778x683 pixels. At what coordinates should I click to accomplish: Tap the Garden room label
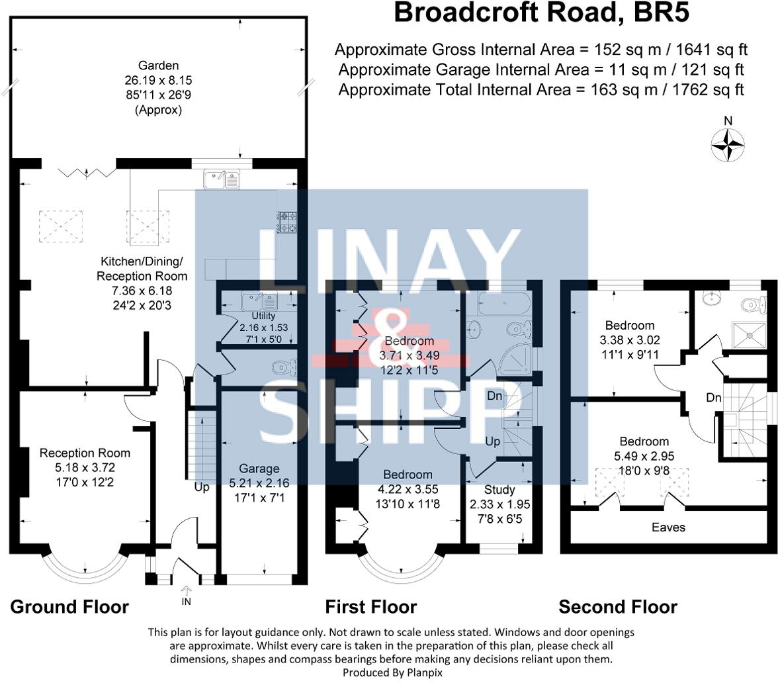[x=158, y=65]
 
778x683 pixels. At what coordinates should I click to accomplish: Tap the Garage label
[x=263, y=468]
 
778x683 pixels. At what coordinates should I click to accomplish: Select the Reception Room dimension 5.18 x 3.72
[x=85, y=467]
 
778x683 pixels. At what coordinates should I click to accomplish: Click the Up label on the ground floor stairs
[x=201, y=486]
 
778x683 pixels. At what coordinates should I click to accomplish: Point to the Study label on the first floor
[x=499, y=490]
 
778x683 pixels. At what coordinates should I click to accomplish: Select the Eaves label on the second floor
[x=668, y=527]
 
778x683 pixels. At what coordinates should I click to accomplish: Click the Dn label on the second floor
[x=713, y=398]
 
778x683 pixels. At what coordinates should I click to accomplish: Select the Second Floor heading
[x=618, y=606]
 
